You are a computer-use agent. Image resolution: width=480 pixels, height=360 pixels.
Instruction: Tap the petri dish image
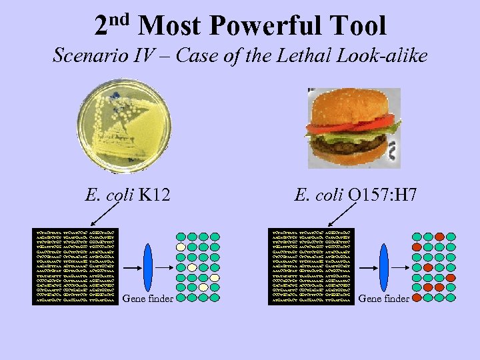[x=125, y=127]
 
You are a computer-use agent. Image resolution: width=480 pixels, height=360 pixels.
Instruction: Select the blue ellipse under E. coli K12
[x=148, y=267]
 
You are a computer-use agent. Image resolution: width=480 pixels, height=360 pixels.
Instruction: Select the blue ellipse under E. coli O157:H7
[x=383, y=267]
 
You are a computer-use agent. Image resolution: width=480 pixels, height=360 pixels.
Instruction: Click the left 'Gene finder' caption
[x=148, y=299]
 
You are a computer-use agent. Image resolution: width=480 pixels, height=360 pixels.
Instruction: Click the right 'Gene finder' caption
[x=383, y=299]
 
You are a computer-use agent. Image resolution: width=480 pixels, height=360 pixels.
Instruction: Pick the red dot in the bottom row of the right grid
[x=417, y=298]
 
